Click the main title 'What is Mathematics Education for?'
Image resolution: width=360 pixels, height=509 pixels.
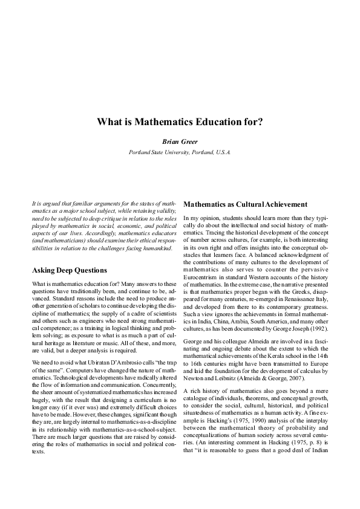coord(180,122)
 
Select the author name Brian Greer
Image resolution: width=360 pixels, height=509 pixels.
coord(180,140)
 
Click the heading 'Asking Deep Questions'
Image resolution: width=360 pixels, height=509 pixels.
coord(69,270)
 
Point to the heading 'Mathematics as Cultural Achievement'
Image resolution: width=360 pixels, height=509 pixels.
coord(246,204)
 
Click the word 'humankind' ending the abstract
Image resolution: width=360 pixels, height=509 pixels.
coord(157,248)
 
